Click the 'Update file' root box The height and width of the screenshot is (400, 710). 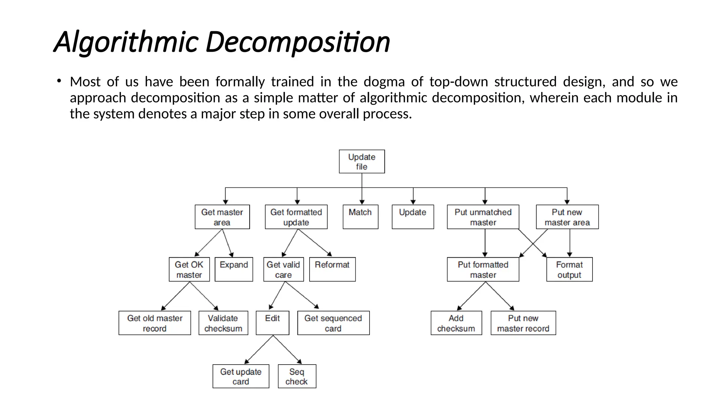362,161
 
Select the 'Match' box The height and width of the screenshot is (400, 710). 360,217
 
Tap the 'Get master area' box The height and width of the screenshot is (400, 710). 222,217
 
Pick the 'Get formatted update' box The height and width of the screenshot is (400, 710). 296,217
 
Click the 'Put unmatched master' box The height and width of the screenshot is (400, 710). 483,217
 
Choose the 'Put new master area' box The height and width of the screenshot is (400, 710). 567,217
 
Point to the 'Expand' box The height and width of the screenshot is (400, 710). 234,269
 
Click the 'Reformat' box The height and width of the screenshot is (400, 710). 332,269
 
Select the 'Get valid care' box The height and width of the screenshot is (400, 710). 283,269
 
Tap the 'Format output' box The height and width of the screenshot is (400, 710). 569,269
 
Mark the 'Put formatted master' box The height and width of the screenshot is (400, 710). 483,269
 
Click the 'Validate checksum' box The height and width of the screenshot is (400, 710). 223,323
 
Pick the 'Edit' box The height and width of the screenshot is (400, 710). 272,323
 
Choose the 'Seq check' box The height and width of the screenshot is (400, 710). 297,376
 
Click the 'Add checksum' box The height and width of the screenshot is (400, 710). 456,323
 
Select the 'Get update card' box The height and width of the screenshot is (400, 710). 241,376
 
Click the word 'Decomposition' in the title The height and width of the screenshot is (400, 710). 298,42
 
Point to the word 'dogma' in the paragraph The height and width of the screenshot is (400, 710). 384,82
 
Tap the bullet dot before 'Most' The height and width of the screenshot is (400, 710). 59,81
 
